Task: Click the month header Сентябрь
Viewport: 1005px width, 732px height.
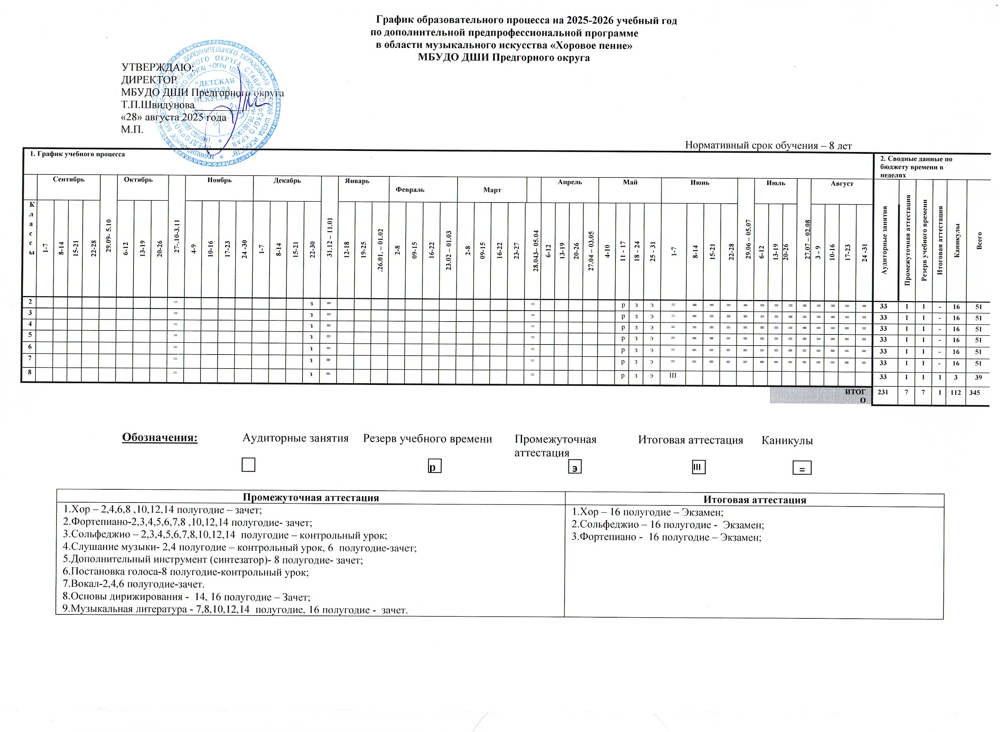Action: pyautogui.click(x=69, y=180)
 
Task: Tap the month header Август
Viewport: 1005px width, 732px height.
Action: pyautogui.click(x=842, y=183)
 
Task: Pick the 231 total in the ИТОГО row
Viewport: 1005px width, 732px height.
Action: pyautogui.click(x=883, y=392)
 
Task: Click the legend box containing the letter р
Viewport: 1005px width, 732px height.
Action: pyautogui.click(x=434, y=467)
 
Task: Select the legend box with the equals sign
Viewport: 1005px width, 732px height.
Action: pyautogui.click(x=802, y=468)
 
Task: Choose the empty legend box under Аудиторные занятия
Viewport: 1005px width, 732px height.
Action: pyautogui.click(x=248, y=465)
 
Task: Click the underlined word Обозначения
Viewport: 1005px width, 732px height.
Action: pyautogui.click(x=160, y=437)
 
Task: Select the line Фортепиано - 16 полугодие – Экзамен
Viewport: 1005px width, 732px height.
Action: pyautogui.click(x=666, y=537)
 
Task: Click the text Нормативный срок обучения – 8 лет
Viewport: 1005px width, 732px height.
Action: pyautogui.click(x=768, y=146)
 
